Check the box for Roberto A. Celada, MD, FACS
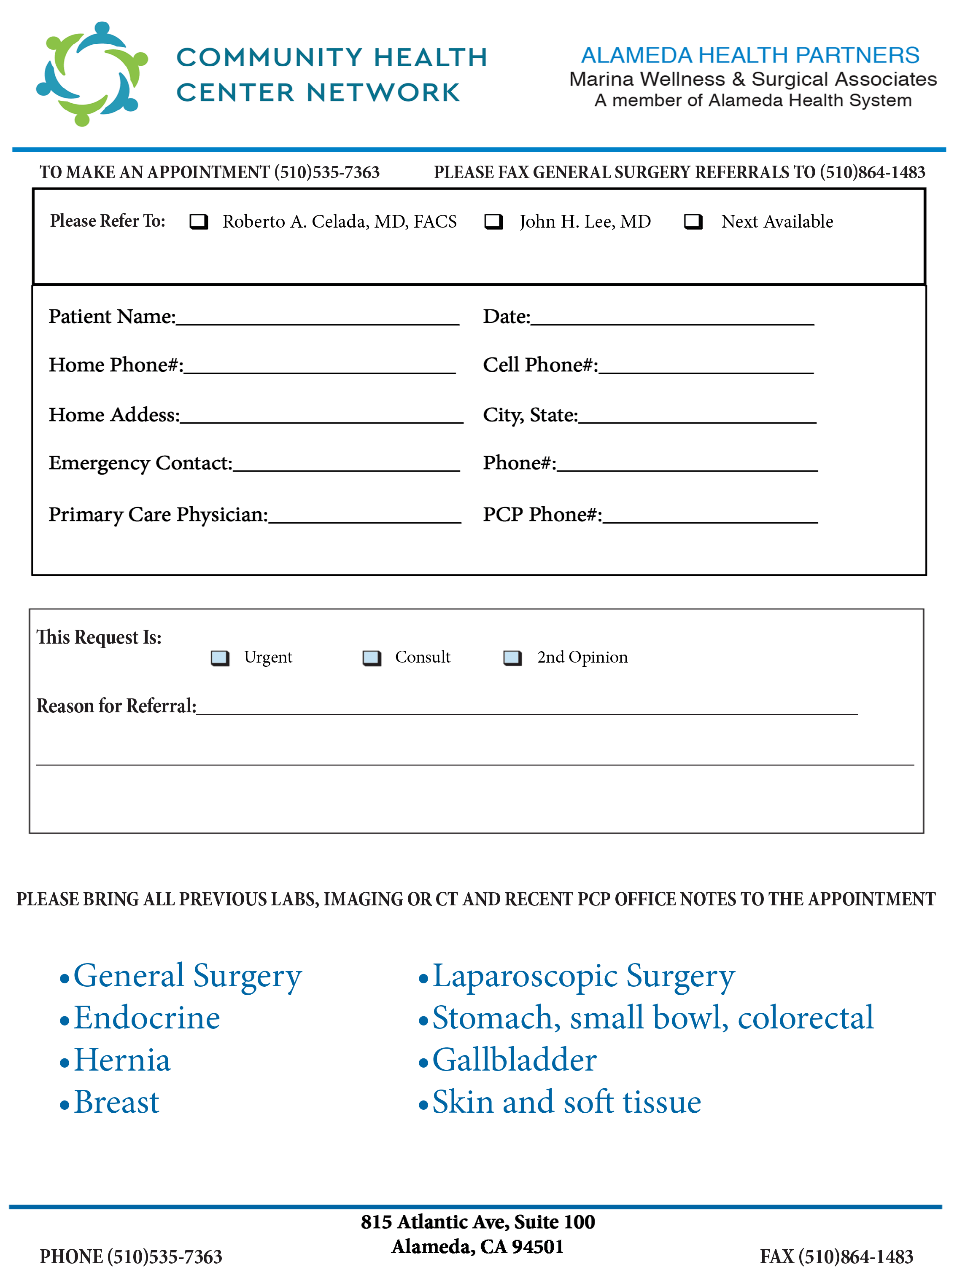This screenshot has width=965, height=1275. point(199,222)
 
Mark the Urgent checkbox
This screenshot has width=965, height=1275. point(220,658)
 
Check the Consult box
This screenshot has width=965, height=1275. point(372,658)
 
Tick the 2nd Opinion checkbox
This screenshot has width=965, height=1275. point(512,658)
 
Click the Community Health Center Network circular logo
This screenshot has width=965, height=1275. point(92,74)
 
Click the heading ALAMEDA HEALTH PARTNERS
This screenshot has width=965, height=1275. point(750,55)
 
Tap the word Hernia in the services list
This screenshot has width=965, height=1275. point(122,1060)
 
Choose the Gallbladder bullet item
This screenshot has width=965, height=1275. point(514,1060)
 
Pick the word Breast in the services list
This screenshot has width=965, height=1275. point(116,1103)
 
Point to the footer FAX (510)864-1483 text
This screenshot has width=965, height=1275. point(836,1256)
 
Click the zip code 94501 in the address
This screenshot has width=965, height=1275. point(538,1247)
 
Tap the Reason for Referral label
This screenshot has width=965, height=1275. point(116,706)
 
